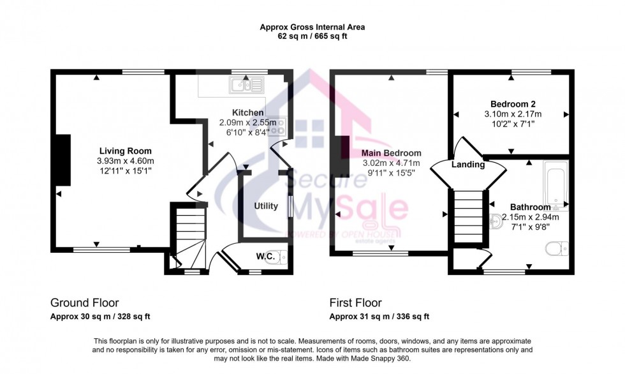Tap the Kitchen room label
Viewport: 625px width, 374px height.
(248, 113)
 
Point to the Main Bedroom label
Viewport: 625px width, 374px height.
(391, 153)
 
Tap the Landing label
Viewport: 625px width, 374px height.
(469, 165)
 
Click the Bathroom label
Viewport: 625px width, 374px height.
(530, 207)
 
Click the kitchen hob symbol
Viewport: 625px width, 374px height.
(279, 127)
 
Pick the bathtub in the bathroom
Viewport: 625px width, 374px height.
(555, 185)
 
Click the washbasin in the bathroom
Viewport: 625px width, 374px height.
(496, 221)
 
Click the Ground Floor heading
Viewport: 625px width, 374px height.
(84, 303)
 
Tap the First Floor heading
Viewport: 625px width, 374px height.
(355, 303)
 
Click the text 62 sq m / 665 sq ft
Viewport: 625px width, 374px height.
(312, 36)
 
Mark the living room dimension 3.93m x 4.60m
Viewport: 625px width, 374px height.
(124, 161)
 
